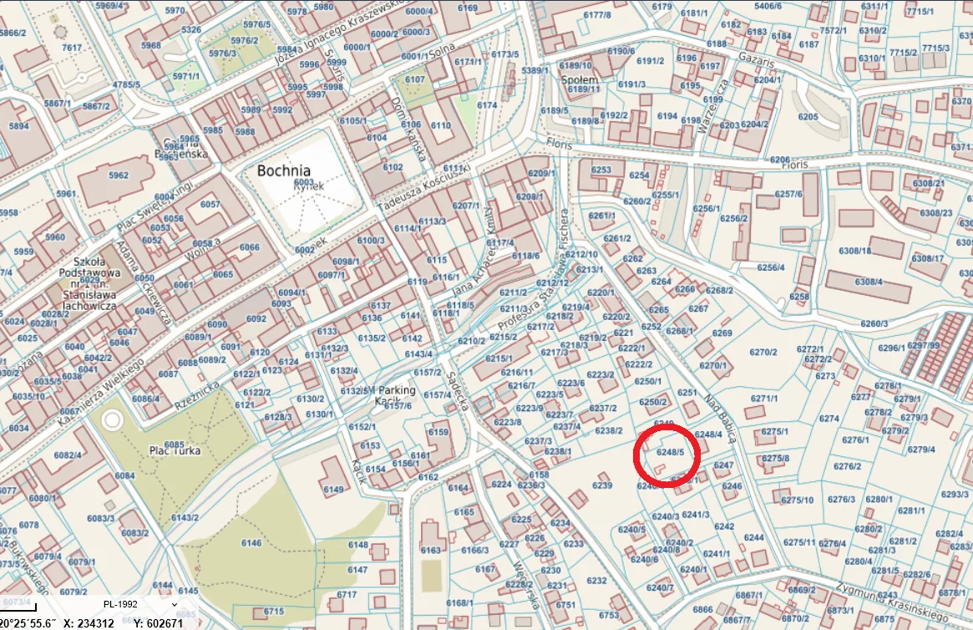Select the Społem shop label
[580, 80]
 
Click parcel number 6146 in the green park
[251, 543]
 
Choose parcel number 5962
[119, 175]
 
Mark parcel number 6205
[808, 117]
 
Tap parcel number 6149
[333, 489]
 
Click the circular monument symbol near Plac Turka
[112, 419]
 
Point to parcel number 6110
[441, 124]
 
